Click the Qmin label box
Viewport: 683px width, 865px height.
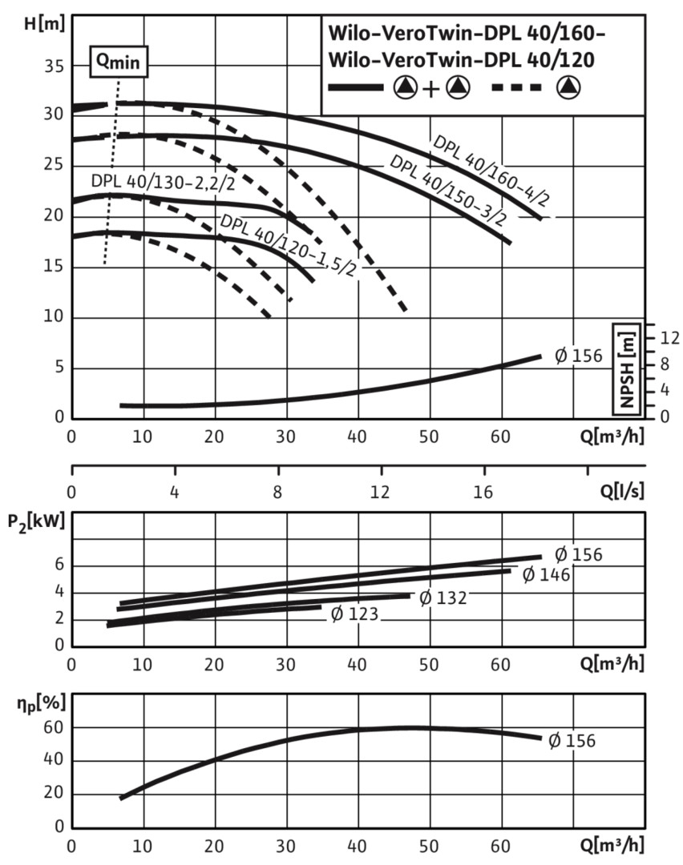point(119,62)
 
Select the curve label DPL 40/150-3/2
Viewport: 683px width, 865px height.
point(448,191)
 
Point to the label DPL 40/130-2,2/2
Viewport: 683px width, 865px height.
point(163,182)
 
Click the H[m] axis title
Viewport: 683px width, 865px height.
point(45,24)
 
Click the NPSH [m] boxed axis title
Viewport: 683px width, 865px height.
point(627,368)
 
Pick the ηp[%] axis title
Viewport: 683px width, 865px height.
point(41,703)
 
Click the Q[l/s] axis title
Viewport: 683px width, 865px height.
point(622,490)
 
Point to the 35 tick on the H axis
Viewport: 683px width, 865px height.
point(54,66)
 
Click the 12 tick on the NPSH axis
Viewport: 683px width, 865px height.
point(670,338)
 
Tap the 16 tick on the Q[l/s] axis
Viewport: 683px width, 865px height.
point(483,491)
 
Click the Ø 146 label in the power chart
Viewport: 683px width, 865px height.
point(546,575)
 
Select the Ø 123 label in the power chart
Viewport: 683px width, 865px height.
point(354,614)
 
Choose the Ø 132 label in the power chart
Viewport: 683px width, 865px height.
point(443,597)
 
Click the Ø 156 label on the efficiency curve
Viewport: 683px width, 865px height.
point(572,740)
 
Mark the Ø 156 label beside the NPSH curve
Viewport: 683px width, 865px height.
point(578,356)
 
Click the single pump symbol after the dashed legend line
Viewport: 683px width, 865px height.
point(568,87)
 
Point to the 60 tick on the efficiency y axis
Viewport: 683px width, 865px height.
point(54,727)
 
